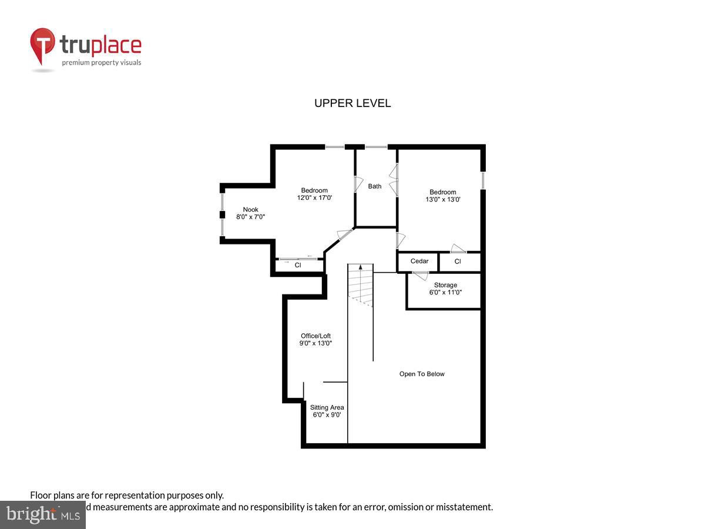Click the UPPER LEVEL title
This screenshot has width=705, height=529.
(352, 103)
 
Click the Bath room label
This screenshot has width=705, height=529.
(375, 186)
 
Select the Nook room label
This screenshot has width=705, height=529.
(251, 210)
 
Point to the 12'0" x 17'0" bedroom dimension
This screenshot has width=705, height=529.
(314, 198)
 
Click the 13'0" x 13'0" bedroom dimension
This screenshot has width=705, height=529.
(442, 200)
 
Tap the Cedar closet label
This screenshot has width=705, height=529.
(419, 262)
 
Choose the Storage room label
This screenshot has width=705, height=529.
(445, 286)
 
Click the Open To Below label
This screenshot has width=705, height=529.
(422, 374)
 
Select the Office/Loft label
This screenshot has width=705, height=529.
(315, 336)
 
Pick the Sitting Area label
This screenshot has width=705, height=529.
(327, 408)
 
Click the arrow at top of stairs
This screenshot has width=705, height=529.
(360, 268)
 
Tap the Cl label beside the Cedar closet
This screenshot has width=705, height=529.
(458, 262)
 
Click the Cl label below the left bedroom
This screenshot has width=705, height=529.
(298, 266)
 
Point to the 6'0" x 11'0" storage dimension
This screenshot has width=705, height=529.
(445, 293)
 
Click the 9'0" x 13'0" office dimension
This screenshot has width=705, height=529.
(316, 344)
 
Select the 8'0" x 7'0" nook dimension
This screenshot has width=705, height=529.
(251, 217)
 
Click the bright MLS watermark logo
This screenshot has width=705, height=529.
(42, 514)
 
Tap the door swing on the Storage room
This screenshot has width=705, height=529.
(421, 275)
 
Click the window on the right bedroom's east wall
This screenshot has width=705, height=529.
(483, 180)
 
